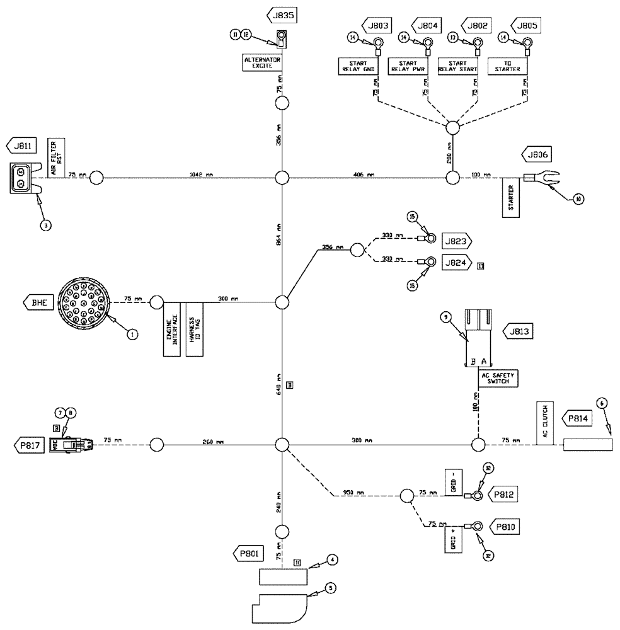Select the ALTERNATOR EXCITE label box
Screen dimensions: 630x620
point(261,62)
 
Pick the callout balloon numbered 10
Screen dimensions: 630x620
point(578,199)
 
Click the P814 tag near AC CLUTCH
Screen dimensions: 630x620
point(578,418)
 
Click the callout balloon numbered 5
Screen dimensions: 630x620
point(331,587)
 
